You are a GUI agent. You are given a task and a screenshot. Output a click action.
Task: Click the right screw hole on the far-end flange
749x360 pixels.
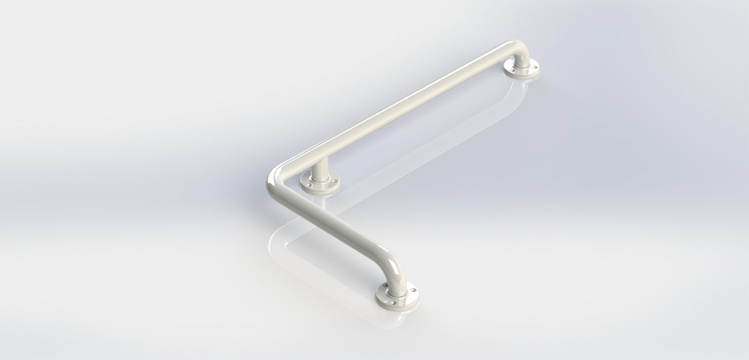tap(535, 67)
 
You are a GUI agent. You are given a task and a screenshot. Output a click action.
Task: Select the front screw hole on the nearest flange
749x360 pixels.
tap(394, 303)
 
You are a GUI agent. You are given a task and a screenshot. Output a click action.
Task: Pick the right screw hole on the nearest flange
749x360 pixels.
tap(414, 290)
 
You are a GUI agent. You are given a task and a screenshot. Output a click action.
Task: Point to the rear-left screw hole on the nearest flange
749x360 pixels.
tap(386, 286)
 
